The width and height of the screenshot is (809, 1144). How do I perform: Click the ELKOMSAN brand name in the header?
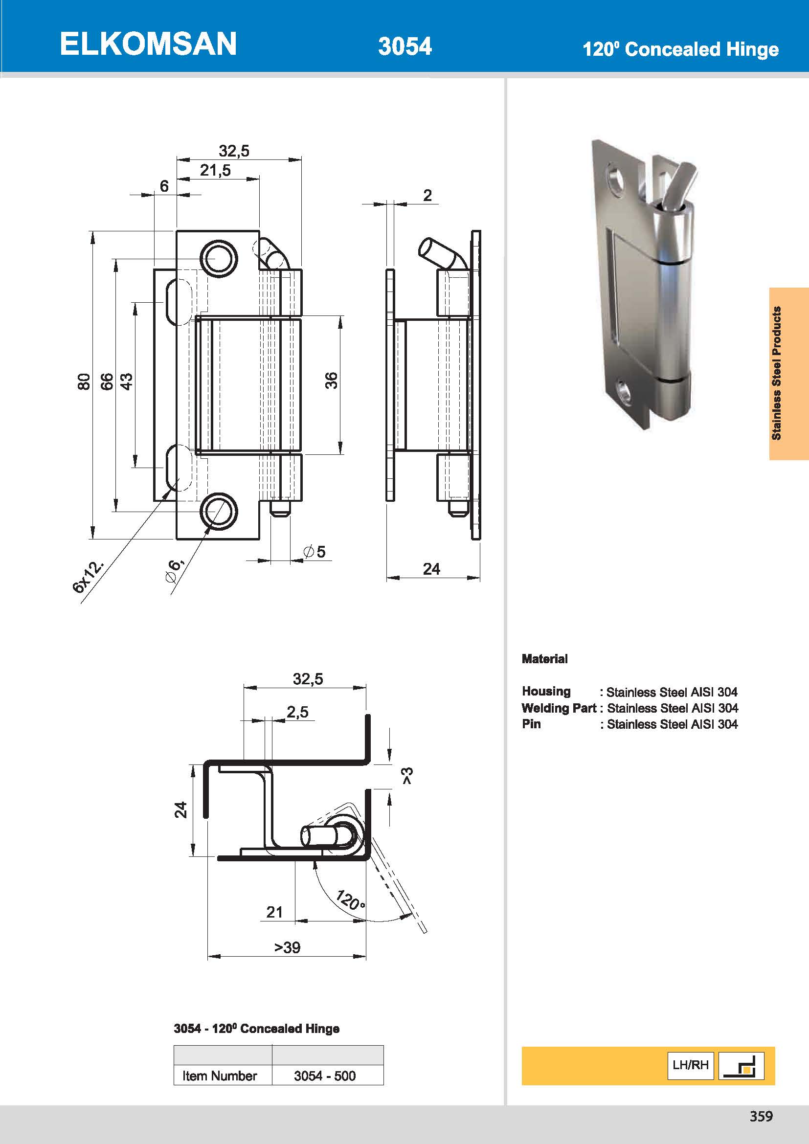click(x=148, y=44)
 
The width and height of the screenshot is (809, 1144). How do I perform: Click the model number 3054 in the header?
click(x=404, y=46)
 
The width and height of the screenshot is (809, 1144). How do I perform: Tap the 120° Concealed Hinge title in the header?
click(x=680, y=49)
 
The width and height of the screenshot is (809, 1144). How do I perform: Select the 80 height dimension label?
click(x=84, y=381)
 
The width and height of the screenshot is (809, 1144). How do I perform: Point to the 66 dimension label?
click(x=107, y=381)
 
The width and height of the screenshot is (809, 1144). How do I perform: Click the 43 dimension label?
click(x=127, y=381)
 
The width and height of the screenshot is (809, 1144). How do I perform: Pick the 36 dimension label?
click(x=331, y=380)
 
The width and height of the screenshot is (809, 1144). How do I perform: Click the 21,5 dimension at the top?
click(x=215, y=170)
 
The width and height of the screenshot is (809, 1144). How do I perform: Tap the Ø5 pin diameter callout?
click(x=315, y=551)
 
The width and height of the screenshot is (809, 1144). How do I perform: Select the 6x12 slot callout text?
click(x=89, y=577)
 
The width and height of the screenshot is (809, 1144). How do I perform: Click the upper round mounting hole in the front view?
click(x=218, y=259)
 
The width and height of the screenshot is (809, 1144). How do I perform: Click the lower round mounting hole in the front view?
click(x=218, y=511)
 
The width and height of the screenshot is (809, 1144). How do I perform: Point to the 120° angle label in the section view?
click(x=350, y=899)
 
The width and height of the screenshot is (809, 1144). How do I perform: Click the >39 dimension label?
click(x=288, y=947)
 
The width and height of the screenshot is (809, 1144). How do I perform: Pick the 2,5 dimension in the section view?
click(x=297, y=712)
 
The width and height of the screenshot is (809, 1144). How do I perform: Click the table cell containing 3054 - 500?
click(x=325, y=1076)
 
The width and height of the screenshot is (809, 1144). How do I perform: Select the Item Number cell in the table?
click(x=219, y=1076)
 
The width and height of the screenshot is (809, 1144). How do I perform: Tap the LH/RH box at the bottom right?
click(x=690, y=1065)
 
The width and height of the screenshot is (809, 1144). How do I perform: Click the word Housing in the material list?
click(x=546, y=691)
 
